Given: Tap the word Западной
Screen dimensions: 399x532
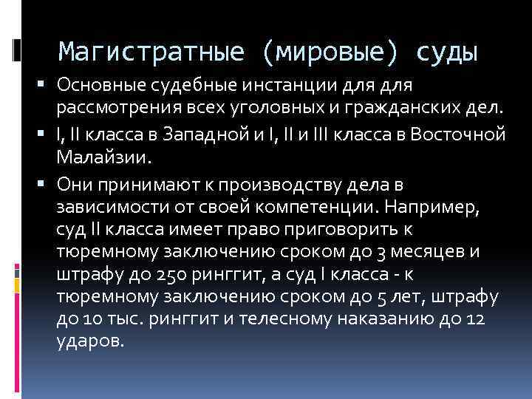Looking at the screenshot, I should point(207,135).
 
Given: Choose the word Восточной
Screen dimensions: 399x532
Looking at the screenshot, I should point(463,135).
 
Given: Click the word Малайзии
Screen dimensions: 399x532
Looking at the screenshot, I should point(103,158).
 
